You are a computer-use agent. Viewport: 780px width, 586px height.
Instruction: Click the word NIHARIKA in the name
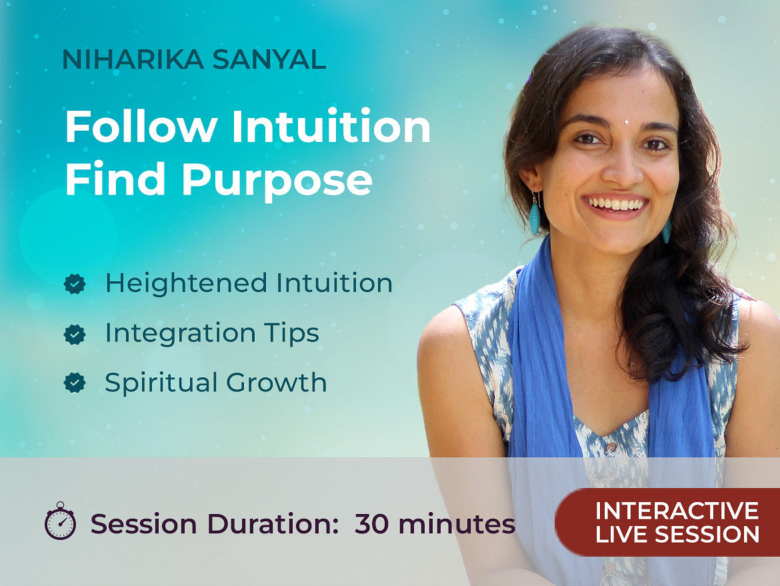point(133,59)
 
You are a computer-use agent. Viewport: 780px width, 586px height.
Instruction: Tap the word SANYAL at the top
point(269,59)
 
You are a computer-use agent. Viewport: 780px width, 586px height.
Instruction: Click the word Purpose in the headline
point(277,181)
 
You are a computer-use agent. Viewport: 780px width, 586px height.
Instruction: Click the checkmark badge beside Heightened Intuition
point(75,284)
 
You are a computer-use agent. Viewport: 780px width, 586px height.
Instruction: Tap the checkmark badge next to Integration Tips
point(75,334)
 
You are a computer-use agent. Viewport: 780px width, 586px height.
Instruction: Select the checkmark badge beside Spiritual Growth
point(75,383)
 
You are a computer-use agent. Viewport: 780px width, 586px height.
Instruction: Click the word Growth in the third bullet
point(277,383)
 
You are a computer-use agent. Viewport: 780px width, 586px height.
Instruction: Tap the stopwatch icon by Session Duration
point(60,521)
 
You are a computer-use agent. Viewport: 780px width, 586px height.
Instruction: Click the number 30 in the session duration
point(371,524)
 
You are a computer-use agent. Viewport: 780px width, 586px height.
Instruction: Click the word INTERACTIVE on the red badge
point(677,511)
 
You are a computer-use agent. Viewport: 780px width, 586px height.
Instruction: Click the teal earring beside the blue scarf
point(534,215)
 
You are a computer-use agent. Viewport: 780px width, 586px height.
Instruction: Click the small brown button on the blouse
point(611,447)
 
